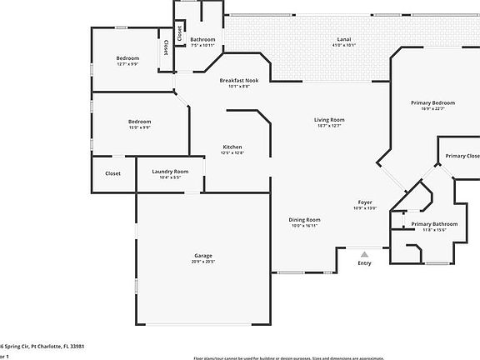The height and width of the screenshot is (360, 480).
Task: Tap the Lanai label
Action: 343,39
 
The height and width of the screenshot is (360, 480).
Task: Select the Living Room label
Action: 329,120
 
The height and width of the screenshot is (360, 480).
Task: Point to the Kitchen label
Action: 232,147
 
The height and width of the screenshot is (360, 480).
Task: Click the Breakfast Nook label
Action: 239,80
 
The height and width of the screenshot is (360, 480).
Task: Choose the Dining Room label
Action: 306,219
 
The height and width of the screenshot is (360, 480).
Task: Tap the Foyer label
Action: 365,202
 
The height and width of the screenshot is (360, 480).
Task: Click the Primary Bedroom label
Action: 432,102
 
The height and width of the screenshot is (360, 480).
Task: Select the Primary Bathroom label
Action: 434,223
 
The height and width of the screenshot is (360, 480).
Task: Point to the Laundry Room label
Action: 167,172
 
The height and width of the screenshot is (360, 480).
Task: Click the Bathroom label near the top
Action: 202,39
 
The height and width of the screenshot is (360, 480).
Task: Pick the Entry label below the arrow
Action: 365,263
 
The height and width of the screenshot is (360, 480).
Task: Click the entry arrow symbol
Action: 364,252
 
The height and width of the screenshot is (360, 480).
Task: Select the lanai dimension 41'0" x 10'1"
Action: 343,46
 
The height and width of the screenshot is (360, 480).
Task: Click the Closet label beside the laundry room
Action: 112,173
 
